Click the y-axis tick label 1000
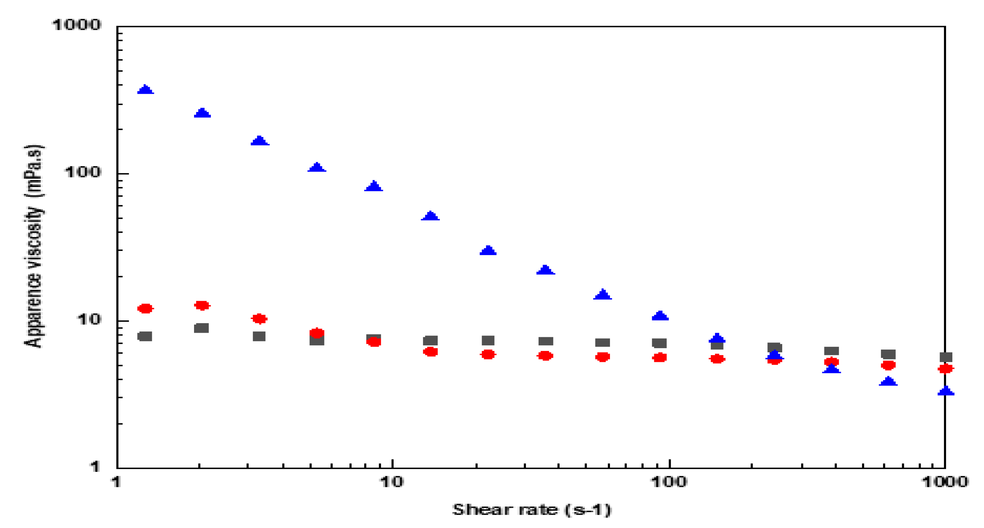coord(76,25)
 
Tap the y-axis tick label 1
coord(94,466)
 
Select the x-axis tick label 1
coord(116,482)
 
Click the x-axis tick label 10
coord(392,482)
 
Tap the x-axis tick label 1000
coord(945,482)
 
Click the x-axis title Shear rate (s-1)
coord(532,510)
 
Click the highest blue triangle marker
coord(145,90)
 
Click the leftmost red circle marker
coord(145,308)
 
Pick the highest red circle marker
coord(202,305)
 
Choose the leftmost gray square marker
coord(145,336)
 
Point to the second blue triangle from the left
coord(202,113)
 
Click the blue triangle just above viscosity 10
coord(660,316)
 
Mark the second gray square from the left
coord(201,328)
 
